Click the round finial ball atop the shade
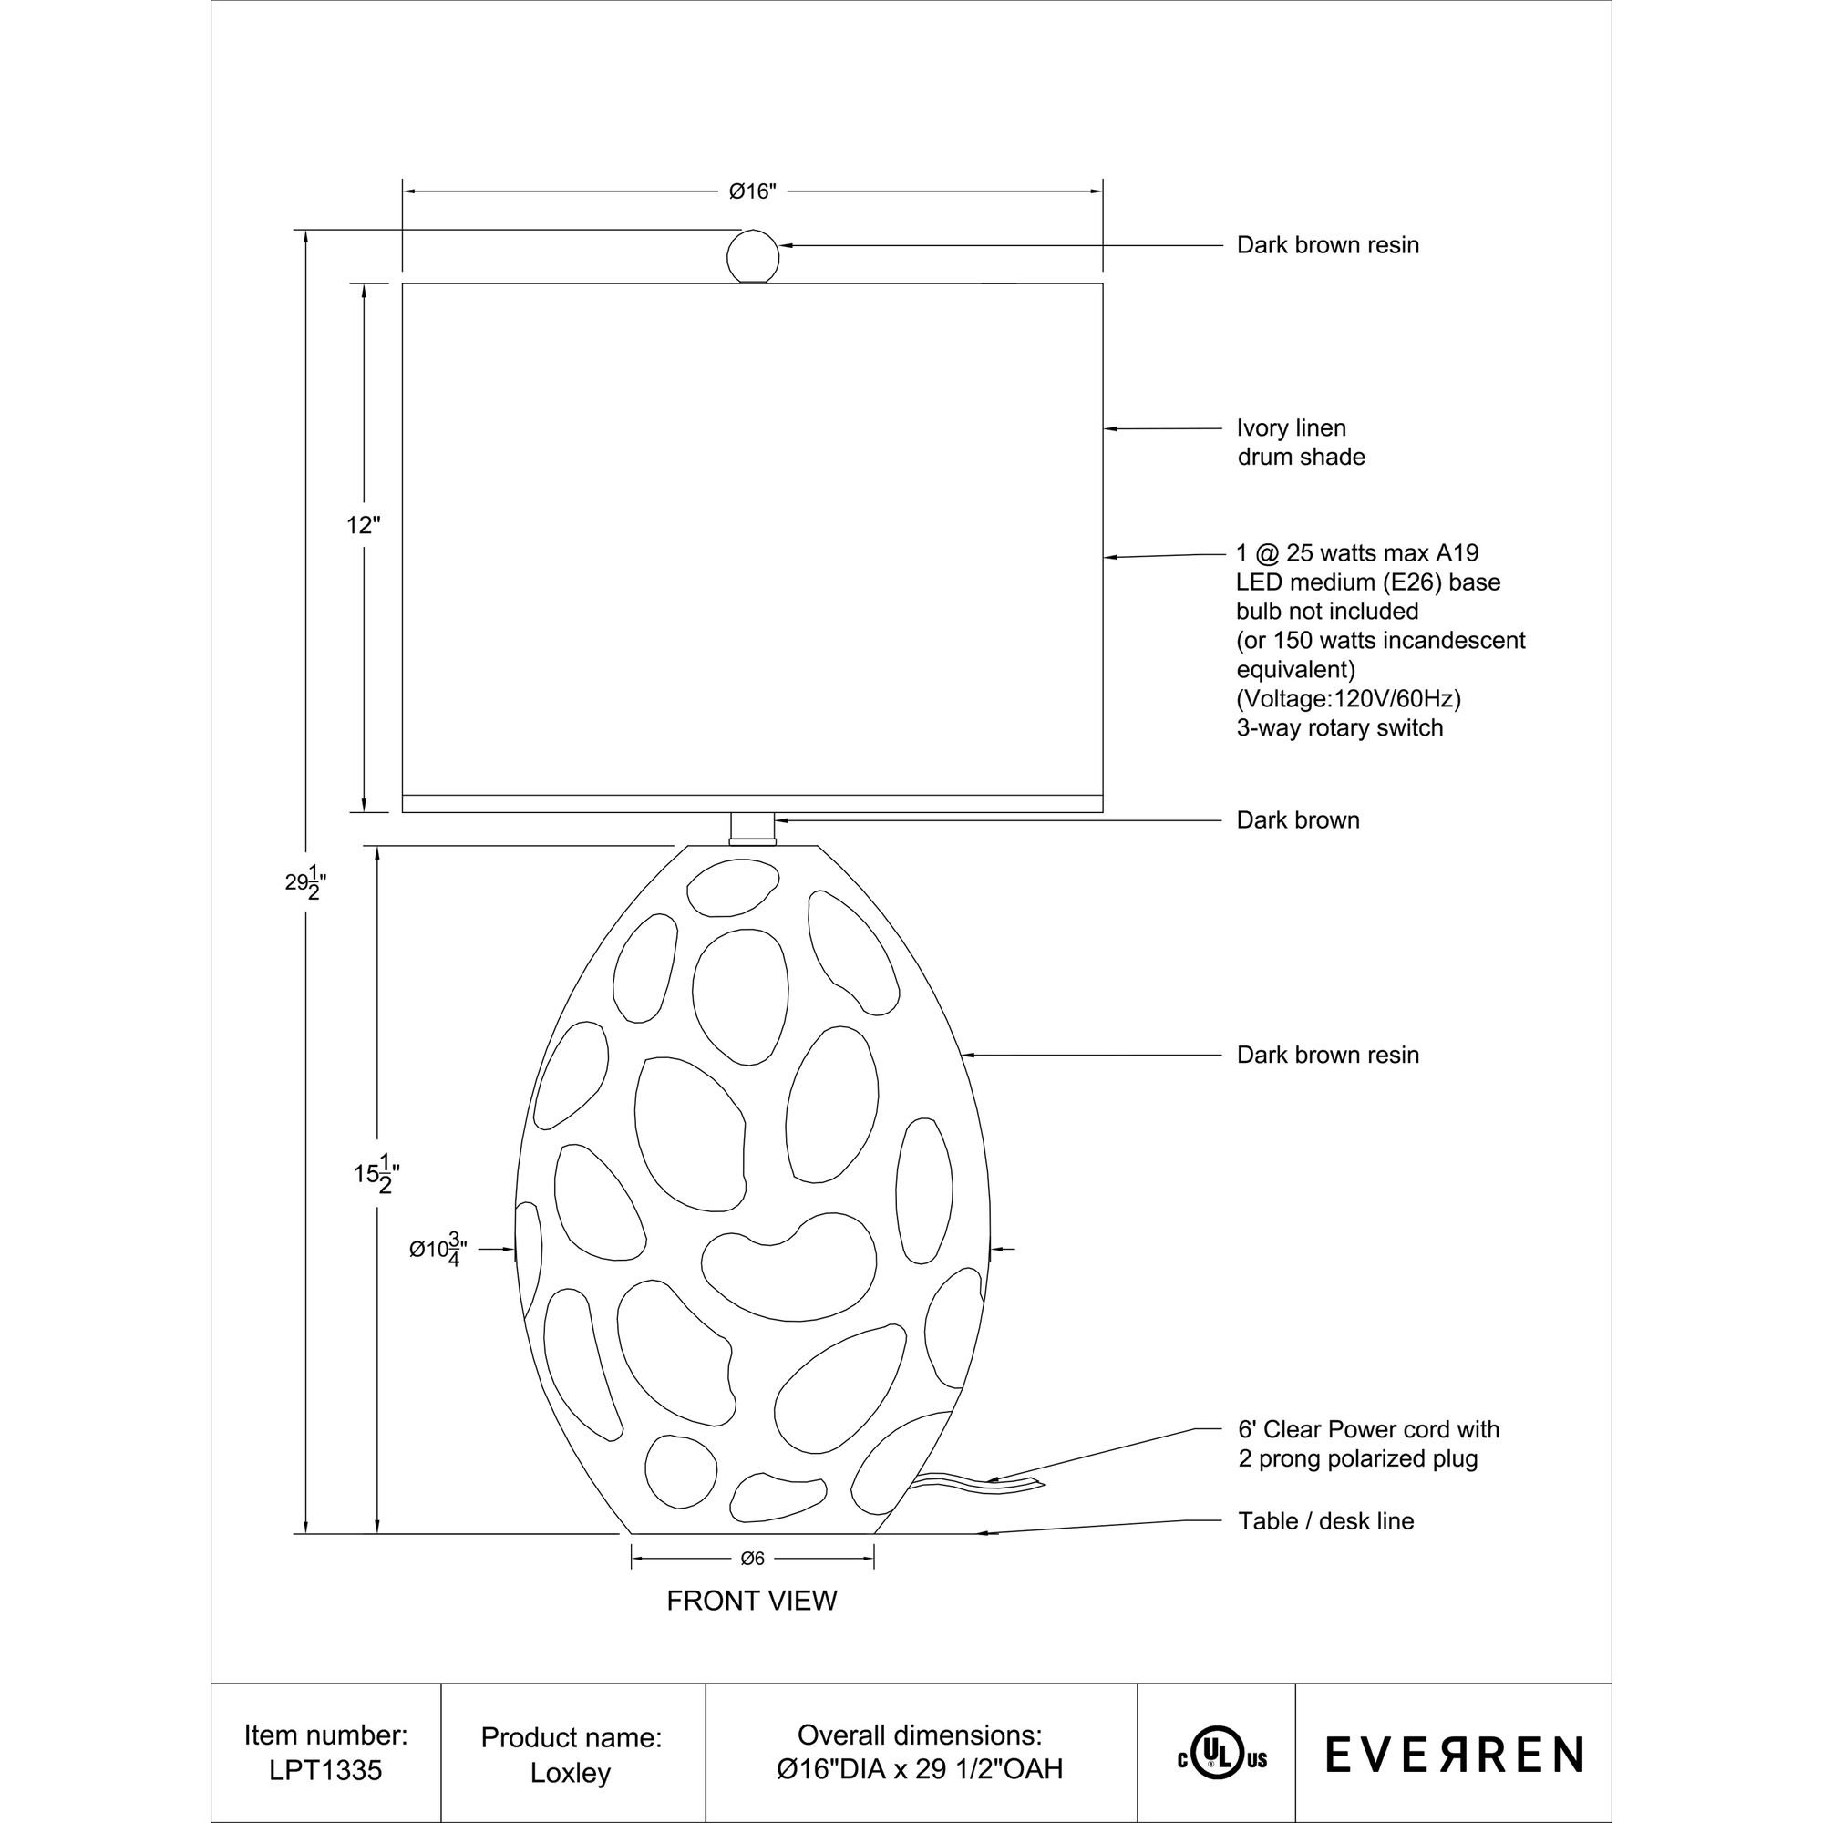coord(752,255)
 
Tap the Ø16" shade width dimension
coord(752,191)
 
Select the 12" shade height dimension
coord(363,526)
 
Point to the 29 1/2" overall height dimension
coord(306,882)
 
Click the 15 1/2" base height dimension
coord(376,1173)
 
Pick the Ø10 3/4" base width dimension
coord(438,1250)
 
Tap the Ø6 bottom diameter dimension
coord(752,1559)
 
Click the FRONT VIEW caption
coord(752,1602)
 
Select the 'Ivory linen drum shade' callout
coord(1301,443)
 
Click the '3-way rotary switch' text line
coord(1339,728)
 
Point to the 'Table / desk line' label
coord(1325,1521)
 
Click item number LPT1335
coord(325,1771)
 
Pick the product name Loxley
coord(571,1773)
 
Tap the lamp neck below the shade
coord(752,829)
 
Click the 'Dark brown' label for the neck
coord(1297,821)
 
